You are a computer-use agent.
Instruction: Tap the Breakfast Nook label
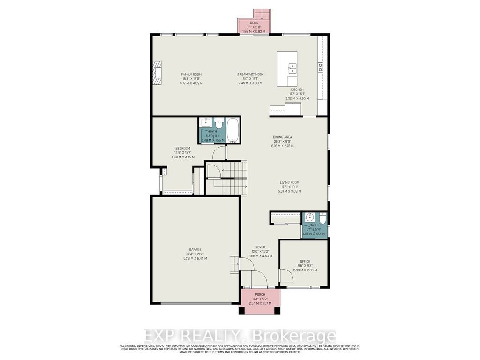pyautogui.click(x=250, y=75)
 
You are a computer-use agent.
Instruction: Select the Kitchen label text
pyautogui.click(x=297, y=90)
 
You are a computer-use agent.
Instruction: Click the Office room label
pyautogui.click(x=305, y=262)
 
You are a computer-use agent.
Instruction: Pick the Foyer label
pyautogui.click(x=260, y=247)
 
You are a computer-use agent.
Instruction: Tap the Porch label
pyautogui.click(x=260, y=295)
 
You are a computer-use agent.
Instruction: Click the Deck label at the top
pyautogui.click(x=254, y=22)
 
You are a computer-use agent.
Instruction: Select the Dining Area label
pyautogui.click(x=283, y=137)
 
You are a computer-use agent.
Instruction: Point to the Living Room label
pyautogui.click(x=289, y=183)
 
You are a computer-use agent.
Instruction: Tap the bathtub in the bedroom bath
pyautogui.click(x=233, y=130)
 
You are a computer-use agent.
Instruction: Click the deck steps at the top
pyautogui.click(x=260, y=14)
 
